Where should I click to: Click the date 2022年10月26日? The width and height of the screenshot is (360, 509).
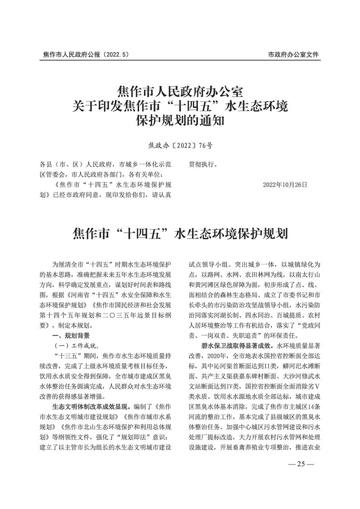[x=285, y=185]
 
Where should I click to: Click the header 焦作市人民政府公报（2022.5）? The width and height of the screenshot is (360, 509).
[x=86, y=55]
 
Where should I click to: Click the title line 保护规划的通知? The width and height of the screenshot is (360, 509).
[x=180, y=122]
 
